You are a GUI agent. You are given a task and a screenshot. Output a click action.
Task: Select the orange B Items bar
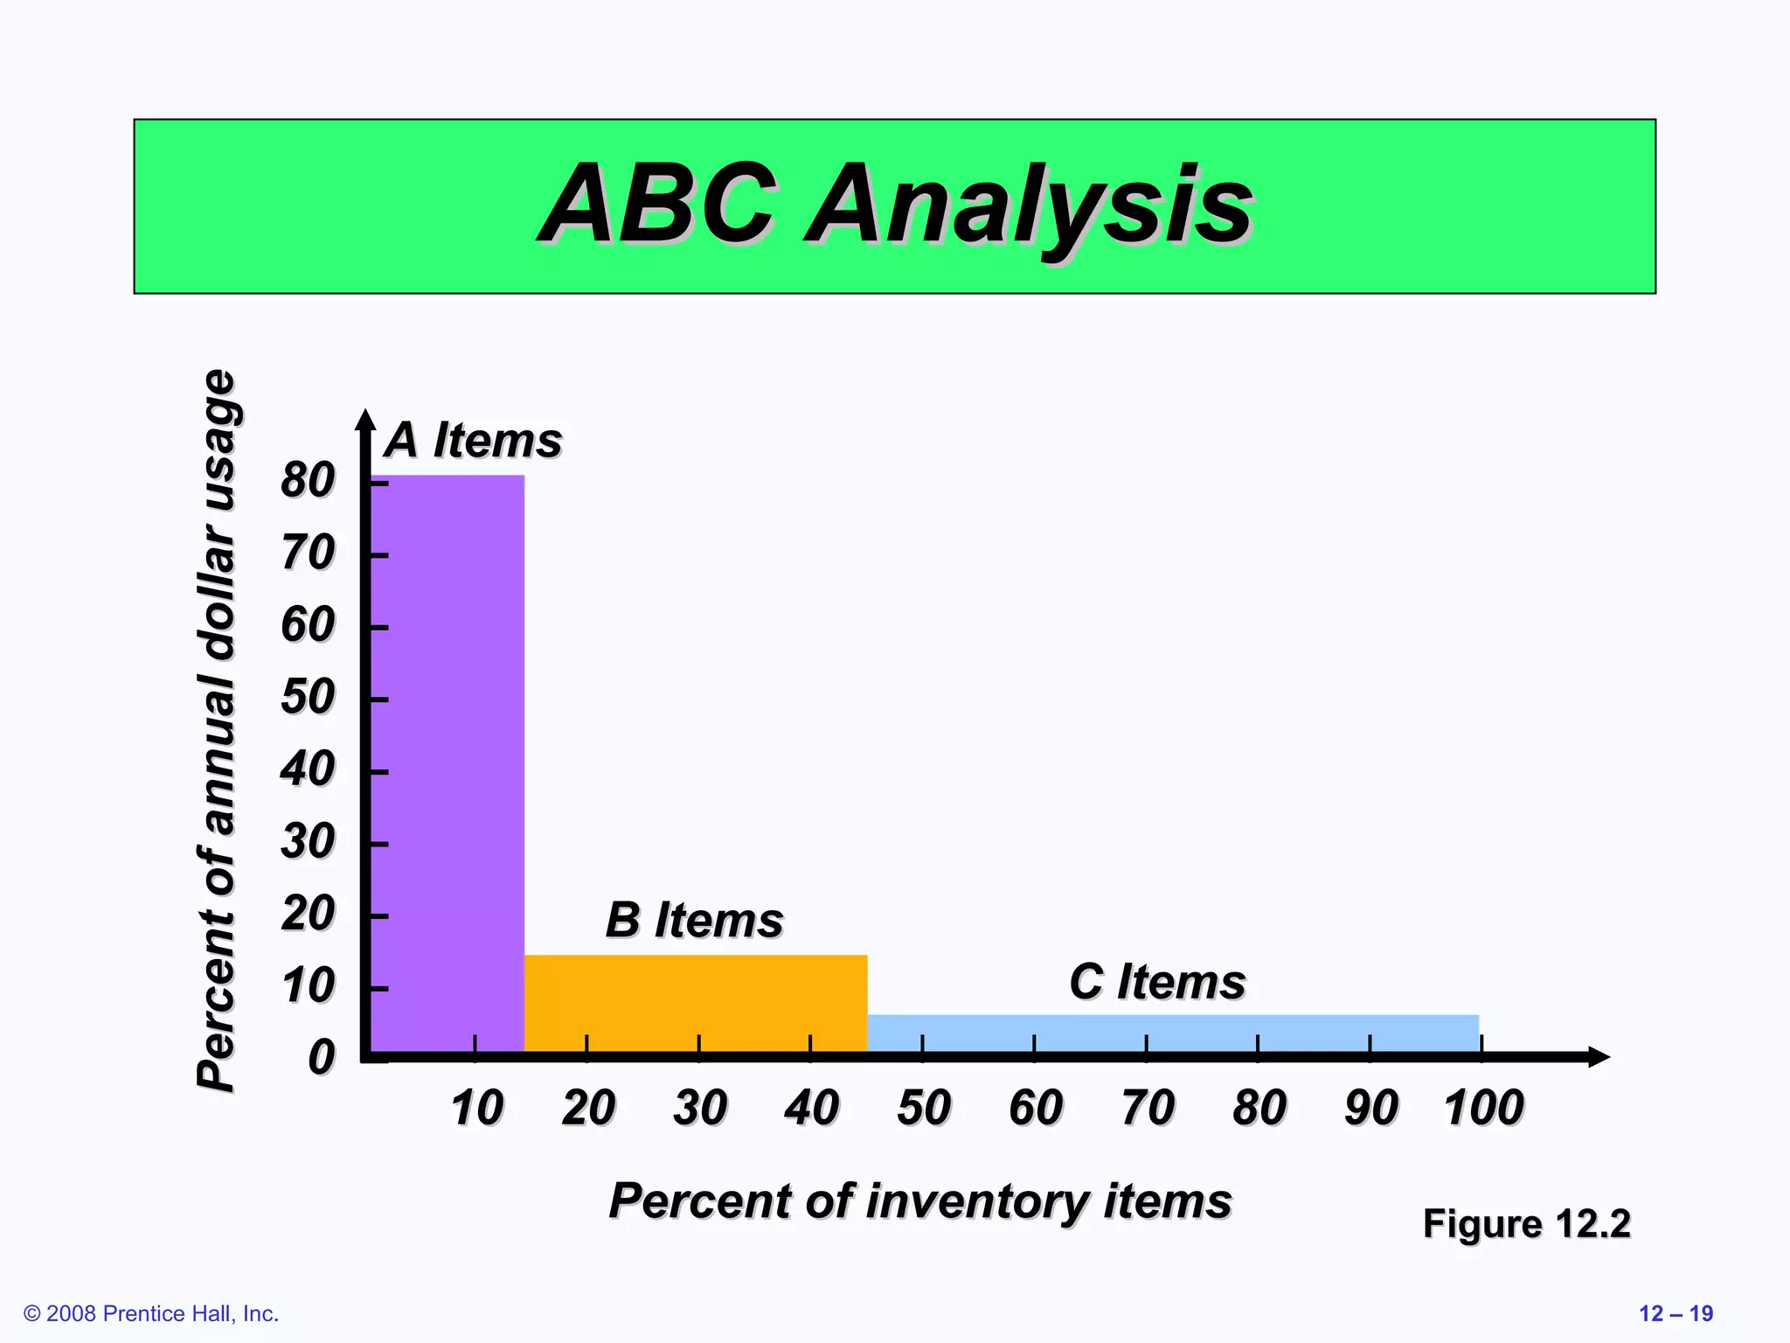[696, 1003]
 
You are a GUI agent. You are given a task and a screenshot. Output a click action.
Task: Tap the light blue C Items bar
[1173, 1033]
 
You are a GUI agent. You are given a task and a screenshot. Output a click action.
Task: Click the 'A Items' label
[474, 440]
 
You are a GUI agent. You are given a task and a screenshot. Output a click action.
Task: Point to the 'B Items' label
[695, 920]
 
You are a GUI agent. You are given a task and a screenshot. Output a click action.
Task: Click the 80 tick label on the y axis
[308, 480]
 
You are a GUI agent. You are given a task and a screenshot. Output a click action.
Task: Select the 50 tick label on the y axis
[308, 697]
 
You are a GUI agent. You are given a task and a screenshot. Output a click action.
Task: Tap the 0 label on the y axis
[322, 1057]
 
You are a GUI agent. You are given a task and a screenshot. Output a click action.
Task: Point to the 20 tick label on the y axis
[308, 914]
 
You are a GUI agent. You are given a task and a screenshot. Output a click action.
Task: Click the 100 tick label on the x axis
[1483, 1108]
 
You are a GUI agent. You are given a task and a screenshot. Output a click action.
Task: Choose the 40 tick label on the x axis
[811, 1108]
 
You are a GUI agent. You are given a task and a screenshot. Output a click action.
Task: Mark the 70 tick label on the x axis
[1148, 1108]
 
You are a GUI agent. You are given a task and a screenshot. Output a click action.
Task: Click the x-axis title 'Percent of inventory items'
[920, 1200]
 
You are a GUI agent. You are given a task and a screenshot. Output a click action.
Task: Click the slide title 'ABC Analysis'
[896, 205]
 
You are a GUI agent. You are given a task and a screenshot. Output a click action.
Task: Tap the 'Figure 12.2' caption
[1526, 1223]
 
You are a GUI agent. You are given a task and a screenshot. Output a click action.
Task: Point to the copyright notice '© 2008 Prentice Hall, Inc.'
[151, 1313]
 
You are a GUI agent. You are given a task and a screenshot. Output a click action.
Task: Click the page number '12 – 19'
[1676, 1313]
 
